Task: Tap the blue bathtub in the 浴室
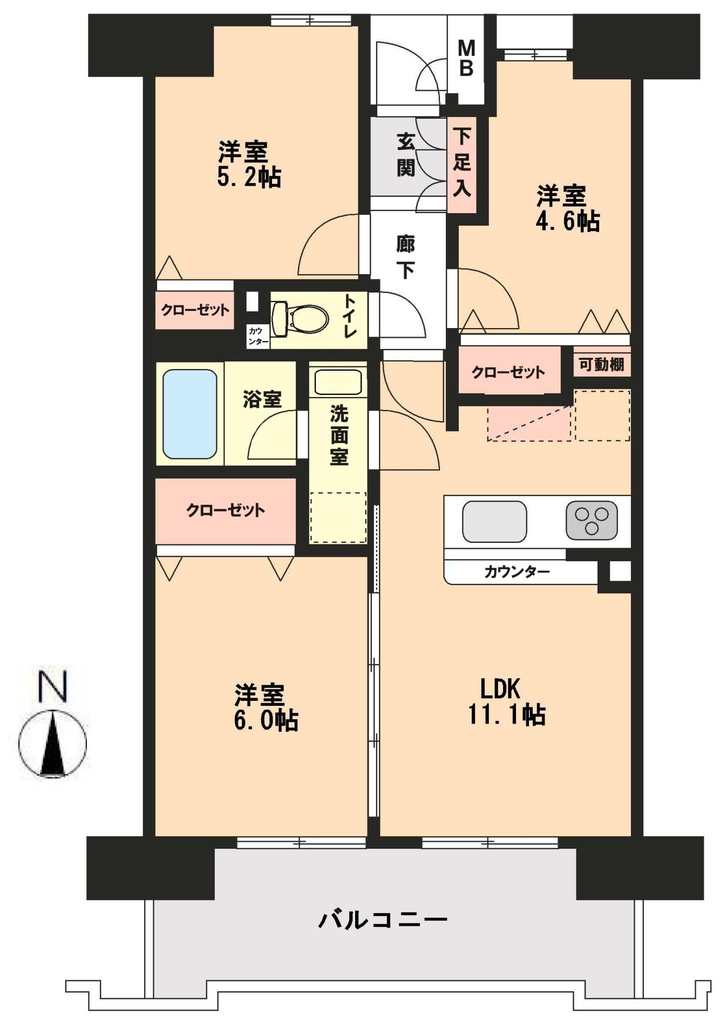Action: [x=189, y=414]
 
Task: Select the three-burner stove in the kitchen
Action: [x=592, y=520]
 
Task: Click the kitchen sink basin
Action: [x=494, y=521]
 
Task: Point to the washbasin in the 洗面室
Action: [x=338, y=382]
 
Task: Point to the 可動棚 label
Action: [x=601, y=364]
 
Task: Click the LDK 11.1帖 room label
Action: [x=505, y=702]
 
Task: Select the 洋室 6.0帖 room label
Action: [x=265, y=707]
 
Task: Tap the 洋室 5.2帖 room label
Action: [x=248, y=164]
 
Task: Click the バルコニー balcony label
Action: [x=383, y=919]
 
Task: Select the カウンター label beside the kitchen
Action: [x=517, y=571]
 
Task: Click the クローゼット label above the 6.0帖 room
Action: [x=226, y=510]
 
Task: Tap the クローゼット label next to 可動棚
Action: [x=508, y=372]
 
